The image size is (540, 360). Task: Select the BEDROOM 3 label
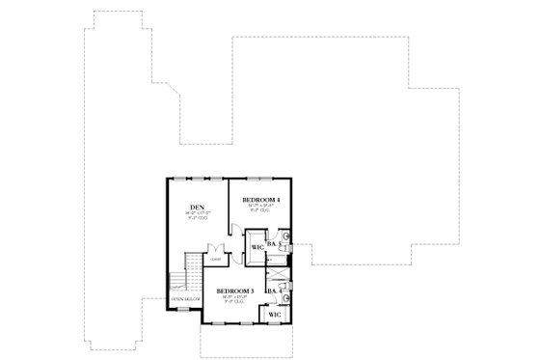tap(234, 291)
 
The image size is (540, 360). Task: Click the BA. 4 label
tap(274, 291)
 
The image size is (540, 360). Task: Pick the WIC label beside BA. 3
tap(257, 247)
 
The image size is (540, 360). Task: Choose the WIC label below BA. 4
tap(275, 315)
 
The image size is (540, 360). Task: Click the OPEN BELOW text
tap(184, 300)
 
